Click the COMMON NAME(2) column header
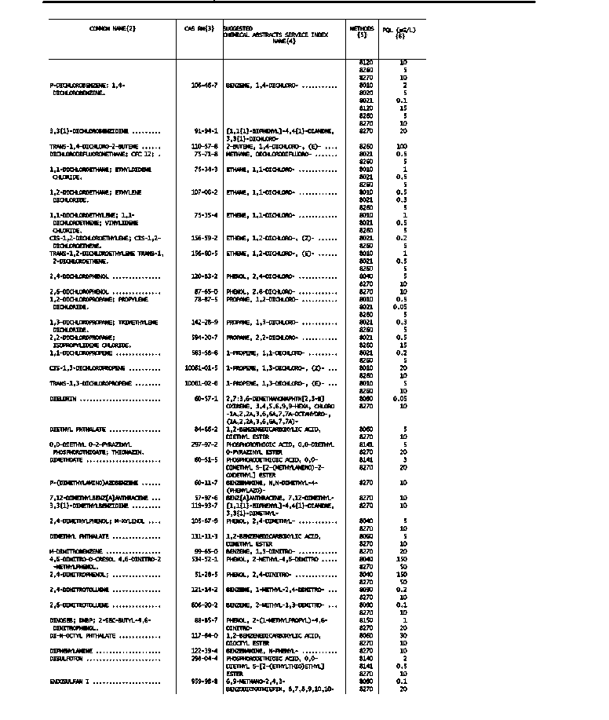coord(113,29)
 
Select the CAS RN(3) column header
coord(199,29)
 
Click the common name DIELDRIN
coord(61,399)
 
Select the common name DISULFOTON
coord(66,659)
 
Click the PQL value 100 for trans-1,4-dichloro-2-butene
coord(403,146)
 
